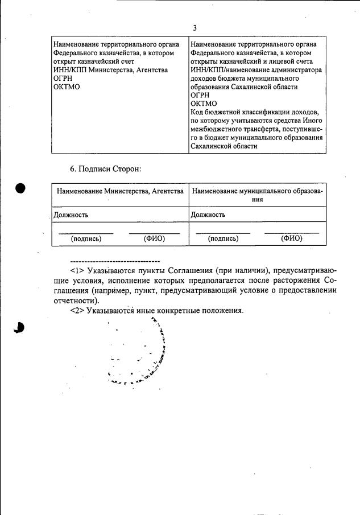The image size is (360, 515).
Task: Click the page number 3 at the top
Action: pos(195,27)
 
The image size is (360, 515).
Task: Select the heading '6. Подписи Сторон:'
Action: pos(105,169)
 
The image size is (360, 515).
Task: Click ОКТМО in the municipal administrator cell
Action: pos(204,104)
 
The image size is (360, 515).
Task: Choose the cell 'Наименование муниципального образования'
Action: pos(257,196)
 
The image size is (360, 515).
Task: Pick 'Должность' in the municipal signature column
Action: pos(208,215)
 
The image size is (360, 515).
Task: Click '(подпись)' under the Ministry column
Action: pos(86,239)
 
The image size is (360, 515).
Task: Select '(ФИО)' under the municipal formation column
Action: pos(291,239)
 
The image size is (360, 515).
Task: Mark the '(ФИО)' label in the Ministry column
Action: pos(154,239)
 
